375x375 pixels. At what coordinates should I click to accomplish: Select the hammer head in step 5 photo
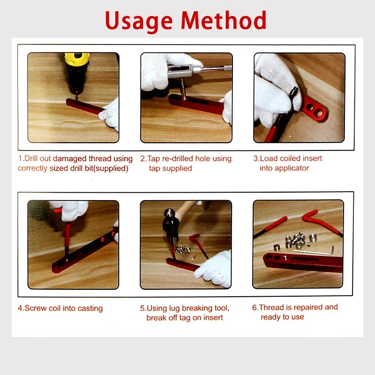[x=169, y=224]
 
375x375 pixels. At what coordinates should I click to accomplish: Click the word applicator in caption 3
[x=291, y=168]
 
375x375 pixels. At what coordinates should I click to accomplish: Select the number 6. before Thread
[x=255, y=307]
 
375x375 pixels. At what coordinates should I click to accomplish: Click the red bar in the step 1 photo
[x=84, y=107]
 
